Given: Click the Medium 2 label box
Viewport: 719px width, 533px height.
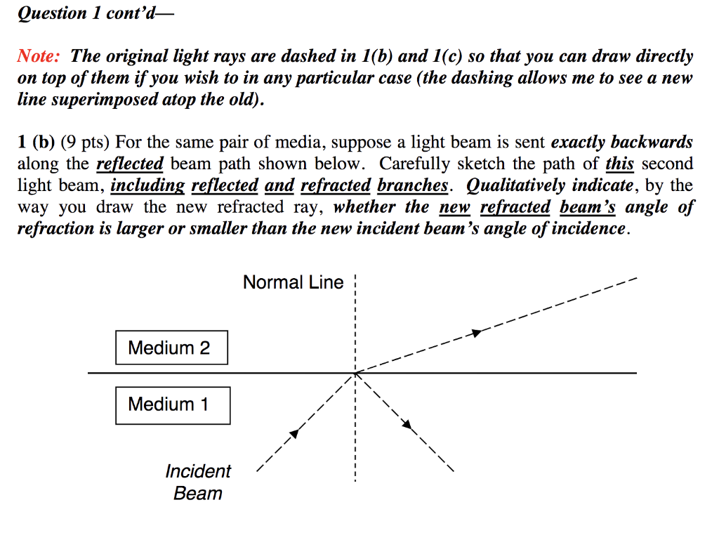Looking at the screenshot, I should point(171,348).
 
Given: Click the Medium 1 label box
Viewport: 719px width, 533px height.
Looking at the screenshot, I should point(172,404).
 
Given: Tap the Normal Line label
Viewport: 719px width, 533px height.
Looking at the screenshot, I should point(293,282).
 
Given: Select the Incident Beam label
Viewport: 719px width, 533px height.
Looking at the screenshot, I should point(198,482).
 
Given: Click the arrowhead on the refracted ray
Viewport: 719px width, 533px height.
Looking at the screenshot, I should point(477,332).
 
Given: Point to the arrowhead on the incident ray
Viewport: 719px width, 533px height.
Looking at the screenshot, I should point(295,434).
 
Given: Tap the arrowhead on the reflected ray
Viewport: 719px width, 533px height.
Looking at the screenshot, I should point(406,423).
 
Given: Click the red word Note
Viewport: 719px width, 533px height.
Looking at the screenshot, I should point(40,56).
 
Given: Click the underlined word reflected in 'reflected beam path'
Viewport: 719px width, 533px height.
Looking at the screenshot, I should point(129,164).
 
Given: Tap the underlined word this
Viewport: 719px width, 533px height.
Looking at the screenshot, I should point(619,164).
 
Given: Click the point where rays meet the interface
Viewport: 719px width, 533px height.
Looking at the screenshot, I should point(356,373).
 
